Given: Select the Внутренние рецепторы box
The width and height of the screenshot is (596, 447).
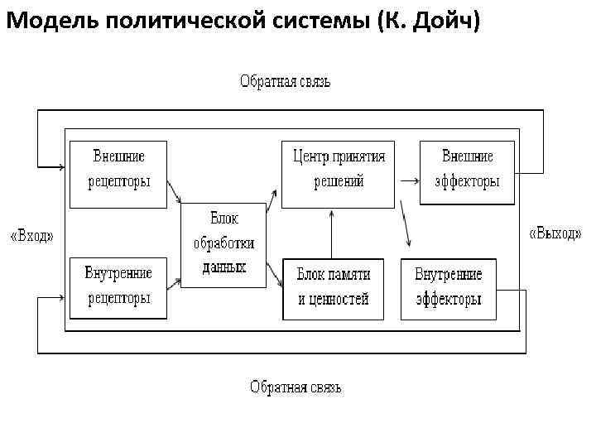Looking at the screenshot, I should tap(118, 286).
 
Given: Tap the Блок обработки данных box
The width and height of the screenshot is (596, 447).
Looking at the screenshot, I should tap(223, 244).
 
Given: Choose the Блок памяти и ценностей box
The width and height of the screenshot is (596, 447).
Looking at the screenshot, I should tap(333, 288).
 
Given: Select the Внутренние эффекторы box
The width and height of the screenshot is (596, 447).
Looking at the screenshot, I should tap(448, 287).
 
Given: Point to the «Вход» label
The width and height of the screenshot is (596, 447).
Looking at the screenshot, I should tap(32, 236).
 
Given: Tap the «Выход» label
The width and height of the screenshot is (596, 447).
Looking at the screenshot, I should tap(555, 233).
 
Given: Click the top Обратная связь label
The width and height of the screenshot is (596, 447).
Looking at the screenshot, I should tap(285, 82).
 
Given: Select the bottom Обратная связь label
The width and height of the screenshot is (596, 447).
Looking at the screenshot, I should tap(296, 387).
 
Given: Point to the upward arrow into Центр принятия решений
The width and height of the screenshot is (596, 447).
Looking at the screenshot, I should tap(331, 233).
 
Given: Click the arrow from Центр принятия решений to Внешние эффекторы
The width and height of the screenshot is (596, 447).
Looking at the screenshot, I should tap(407, 179).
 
